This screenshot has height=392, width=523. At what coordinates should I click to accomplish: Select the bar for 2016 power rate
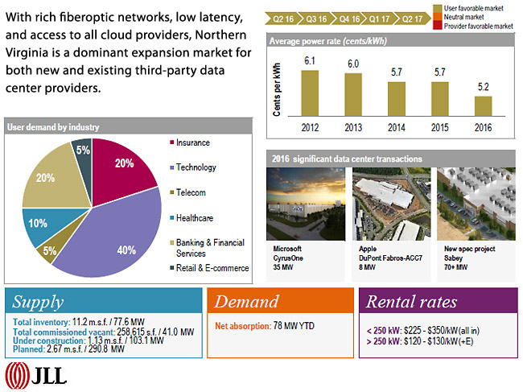click(x=483, y=108)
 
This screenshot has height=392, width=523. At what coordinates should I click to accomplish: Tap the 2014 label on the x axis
click(x=397, y=126)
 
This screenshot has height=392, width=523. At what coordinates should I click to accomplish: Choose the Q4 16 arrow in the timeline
click(x=350, y=16)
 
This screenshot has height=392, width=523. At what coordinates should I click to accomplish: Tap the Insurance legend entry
click(x=192, y=142)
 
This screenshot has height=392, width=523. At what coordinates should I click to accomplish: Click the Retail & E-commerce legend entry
click(x=212, y=268)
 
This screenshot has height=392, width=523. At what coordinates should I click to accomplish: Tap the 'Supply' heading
click(x=39, y=303)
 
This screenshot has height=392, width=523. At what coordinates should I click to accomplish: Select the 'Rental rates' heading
click(x=412, y=303)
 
